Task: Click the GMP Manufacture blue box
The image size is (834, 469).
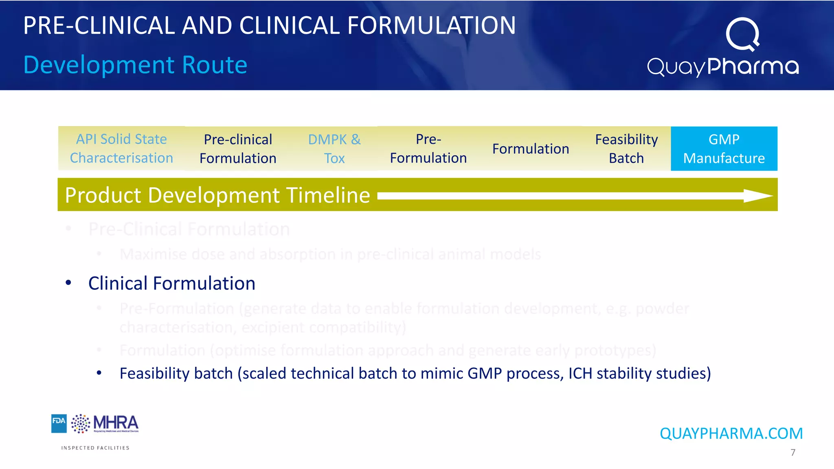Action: (724, 149)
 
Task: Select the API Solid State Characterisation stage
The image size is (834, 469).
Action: (121, 149)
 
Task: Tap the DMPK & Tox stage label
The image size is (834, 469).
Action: (334, 149)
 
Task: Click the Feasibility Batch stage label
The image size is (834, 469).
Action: (626, 149)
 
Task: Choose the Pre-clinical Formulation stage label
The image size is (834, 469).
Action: (238, 149)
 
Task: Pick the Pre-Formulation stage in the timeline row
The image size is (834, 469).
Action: (428, 149)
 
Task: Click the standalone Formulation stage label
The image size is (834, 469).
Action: (531, 149)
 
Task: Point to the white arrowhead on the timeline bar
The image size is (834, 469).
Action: (757, 196)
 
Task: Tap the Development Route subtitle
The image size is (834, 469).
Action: (135, 65)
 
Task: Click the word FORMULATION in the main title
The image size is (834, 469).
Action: (432, 26)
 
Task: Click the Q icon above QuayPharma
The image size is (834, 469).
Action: (743, 34)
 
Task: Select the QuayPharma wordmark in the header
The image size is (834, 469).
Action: (723, 67)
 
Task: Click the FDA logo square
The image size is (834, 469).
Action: (59, 423)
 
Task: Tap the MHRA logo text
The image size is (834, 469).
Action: (116, 423)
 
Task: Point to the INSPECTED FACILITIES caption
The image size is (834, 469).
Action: (95, 448)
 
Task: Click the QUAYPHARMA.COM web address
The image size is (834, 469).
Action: (731, 434)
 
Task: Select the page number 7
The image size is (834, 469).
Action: (792, 452)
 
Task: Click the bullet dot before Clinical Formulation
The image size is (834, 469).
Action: (68, 283)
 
